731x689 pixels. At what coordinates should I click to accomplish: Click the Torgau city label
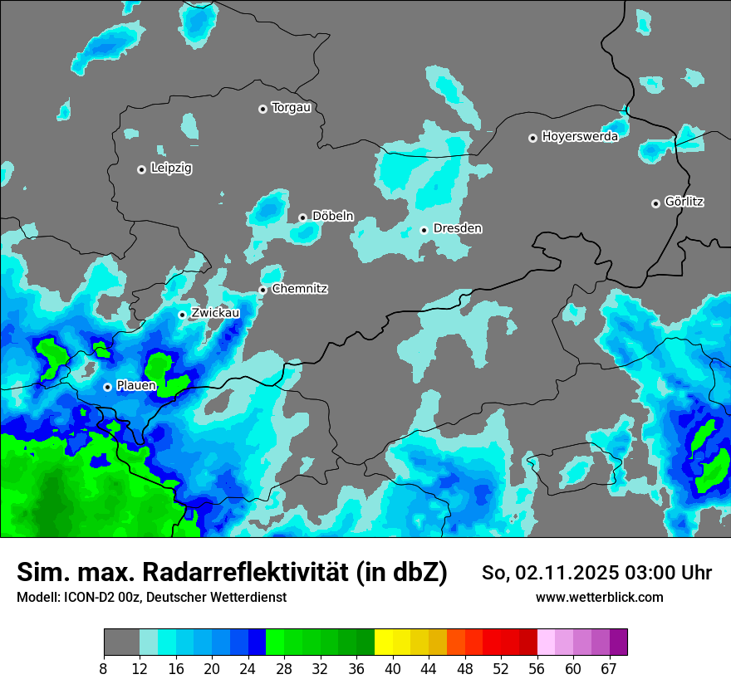pyautogui.click(x=291, y=108)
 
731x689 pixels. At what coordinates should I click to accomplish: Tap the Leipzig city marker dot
pyautogui.click(x=141, y=169)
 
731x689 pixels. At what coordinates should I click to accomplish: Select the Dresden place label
pyautogui.click(x=458, y=228)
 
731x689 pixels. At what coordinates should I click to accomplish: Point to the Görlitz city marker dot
pyautogui.click(x=655, y=203)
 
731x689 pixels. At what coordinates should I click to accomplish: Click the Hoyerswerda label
pyautogui.click(x=580, y=137)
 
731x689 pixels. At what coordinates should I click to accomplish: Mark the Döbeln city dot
pyautogui.click(x=302, y=217)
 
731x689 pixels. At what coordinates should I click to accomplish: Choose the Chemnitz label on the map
pyautogui.click(x=300, y=289)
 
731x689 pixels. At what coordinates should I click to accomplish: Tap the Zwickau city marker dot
pyautogui.click(x=183, y=315)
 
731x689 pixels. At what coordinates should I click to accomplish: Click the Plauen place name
pyautogui.click(x=136, y=386)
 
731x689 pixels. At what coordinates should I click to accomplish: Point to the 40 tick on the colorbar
pyautogui.click(x=393, y=667)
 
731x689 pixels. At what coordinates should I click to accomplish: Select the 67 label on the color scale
pyautogui.click(x=609, y=667)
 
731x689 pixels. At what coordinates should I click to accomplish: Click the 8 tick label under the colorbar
pyautogui.click(x=104, y=667)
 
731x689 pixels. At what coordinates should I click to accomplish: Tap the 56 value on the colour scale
pyautogui.click(x=537, y=667)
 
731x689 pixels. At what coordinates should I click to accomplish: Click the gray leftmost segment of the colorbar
pyautogui.click(x=121, y=643)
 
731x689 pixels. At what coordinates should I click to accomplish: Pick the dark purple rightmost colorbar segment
pyautogui.click(x=618, y=643)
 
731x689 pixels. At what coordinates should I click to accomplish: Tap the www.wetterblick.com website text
pyautogui.click(x=600, y=597)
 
